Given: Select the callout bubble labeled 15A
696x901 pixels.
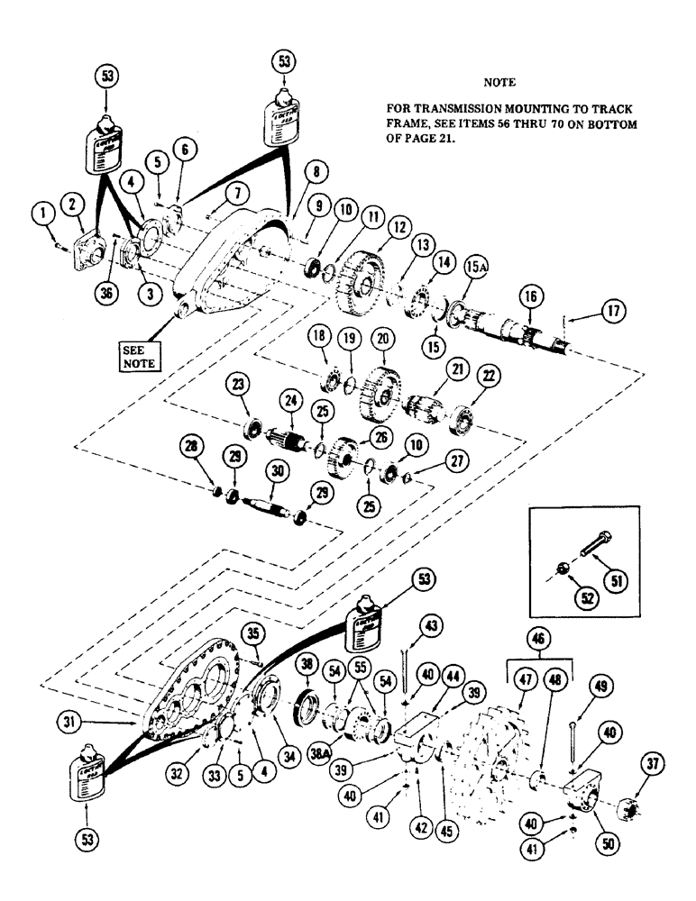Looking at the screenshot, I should tap(475, 268).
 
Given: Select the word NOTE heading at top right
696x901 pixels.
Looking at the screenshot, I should tap(499, 81).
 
